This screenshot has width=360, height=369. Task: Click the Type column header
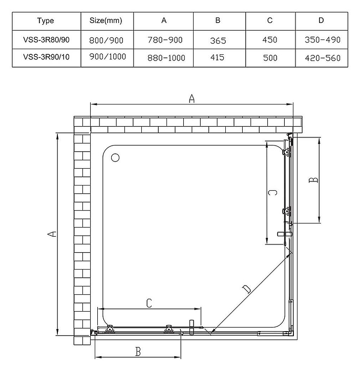point(46,21)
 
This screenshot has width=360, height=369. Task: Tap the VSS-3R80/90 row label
point(46,39)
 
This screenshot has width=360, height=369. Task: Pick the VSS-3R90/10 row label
point(46,57)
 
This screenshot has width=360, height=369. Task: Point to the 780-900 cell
point(164,39)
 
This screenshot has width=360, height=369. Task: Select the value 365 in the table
point(218,40)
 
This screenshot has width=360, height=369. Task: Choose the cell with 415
point(218,57)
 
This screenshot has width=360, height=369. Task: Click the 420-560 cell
point(322,58)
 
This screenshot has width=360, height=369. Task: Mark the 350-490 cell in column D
point(322,39)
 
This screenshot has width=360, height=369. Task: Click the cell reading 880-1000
point(164,58)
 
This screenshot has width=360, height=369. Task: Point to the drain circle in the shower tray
point(115,158)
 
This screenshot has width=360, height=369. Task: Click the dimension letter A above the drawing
point(192,99)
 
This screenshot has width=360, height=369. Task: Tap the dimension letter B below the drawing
point(138,352)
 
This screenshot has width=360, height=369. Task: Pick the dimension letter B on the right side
point(314,180)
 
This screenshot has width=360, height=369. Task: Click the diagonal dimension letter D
point(247,290)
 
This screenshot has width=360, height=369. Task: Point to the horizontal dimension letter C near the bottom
point(149,303)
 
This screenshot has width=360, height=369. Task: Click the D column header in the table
point(322,21)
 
